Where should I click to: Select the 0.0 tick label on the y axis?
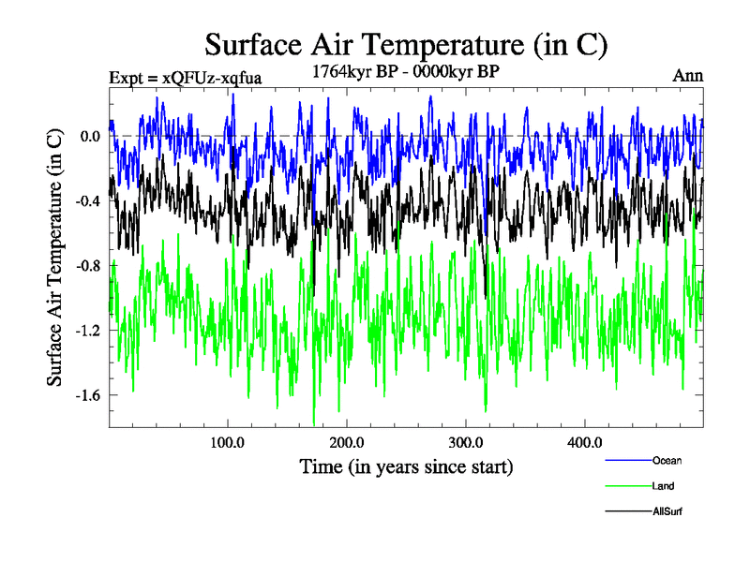(x=90, y=136)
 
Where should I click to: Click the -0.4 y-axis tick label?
(x=88, y=200)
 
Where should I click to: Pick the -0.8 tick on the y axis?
(x=88, y=265)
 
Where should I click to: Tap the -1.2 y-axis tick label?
(x=88, y=330)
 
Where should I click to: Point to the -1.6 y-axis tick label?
(x=88, y=394)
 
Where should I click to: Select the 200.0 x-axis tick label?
(x=347, y=442)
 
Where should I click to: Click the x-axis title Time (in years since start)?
(x=407, y=466)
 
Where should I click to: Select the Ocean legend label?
(x=667, y=461)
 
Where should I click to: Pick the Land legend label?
(x=663, y=486)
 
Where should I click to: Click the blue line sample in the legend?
(x=629, y=461)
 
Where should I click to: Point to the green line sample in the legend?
(x=629, y=486)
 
